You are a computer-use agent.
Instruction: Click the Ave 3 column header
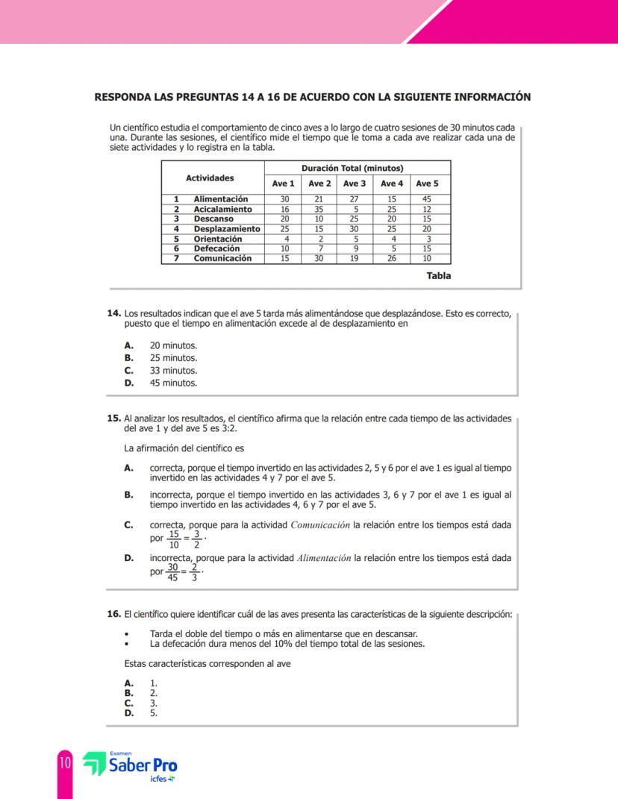click(355, 184)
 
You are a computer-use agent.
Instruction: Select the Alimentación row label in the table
click(220, 199)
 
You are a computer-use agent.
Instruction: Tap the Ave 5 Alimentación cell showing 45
click(427, 199)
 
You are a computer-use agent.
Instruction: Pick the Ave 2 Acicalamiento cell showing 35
click(319, 210)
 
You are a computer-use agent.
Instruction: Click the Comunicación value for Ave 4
click(392, 259)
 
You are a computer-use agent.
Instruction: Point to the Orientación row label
click(217, 239)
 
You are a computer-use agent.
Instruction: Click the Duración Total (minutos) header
click(352, 168)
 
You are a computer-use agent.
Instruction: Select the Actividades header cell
click(210, 178)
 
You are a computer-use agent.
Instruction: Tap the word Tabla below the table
click(438, 276)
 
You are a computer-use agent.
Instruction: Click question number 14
click(114, 314)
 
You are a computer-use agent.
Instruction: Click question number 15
click(114, 419)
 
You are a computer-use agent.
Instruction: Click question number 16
click(114, 614)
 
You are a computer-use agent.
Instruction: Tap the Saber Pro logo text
click(142, 766)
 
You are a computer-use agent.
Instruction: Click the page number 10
click(65, 763)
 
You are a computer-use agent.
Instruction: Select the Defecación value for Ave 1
click(284, 249)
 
